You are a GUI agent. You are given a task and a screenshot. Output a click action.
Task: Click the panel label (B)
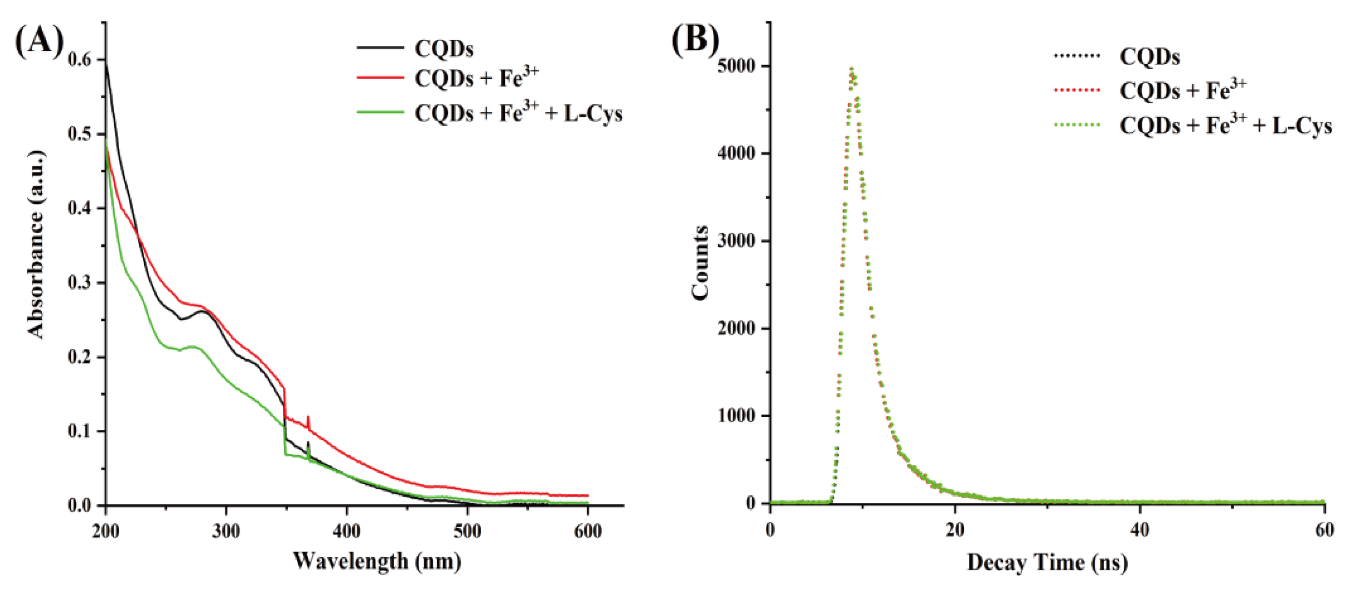click(696, 39)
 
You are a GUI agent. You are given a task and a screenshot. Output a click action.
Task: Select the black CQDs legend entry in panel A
click(443, 49)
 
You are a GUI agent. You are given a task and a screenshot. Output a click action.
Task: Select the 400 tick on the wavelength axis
click(346, 531)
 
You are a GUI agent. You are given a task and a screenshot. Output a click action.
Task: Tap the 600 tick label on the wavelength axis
click(588, 531)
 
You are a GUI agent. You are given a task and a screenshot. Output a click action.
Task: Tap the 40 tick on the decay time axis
click(1140, 530)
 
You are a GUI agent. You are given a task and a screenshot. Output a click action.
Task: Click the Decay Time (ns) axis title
click(1046, 562)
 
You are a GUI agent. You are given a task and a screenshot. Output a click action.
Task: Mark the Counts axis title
click(700, 262)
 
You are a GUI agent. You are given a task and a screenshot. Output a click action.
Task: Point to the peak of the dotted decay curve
click(852, 69)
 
